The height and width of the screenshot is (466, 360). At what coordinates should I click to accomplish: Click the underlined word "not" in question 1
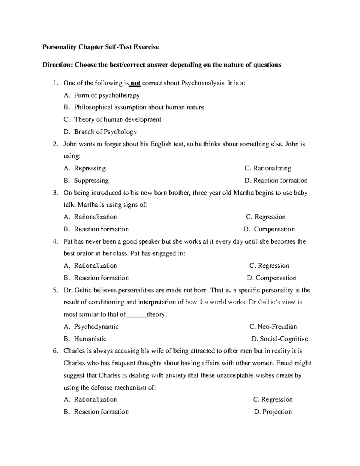[x=136, y=83]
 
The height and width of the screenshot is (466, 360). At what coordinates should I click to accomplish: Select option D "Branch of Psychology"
[x=105, y=132]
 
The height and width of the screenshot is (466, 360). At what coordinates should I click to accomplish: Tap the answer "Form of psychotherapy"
[x=107, y=95]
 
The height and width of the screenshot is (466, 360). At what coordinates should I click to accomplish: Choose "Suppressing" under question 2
[x=91, y=181]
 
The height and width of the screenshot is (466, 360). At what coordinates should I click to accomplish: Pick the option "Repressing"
[x=90, y=168]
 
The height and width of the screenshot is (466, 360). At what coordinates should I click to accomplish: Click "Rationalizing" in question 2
[x=272, y=168]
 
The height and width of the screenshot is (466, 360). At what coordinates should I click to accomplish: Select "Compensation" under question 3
[x=274, y=229]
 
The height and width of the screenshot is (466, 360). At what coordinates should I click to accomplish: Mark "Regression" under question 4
[x=273, y=266]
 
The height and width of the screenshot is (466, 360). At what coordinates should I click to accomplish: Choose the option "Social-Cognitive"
[x=284, y=339]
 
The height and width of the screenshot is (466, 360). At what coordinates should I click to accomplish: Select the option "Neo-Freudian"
[x=277, y=327]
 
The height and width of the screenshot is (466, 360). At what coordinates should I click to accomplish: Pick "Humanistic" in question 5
[x=90, y=339]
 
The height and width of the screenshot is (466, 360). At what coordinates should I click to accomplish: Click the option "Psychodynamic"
[x=96, y=327]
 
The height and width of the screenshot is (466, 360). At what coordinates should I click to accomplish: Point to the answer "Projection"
[x=277, y=412]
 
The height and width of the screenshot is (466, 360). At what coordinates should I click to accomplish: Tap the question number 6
[x=55, y=351]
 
